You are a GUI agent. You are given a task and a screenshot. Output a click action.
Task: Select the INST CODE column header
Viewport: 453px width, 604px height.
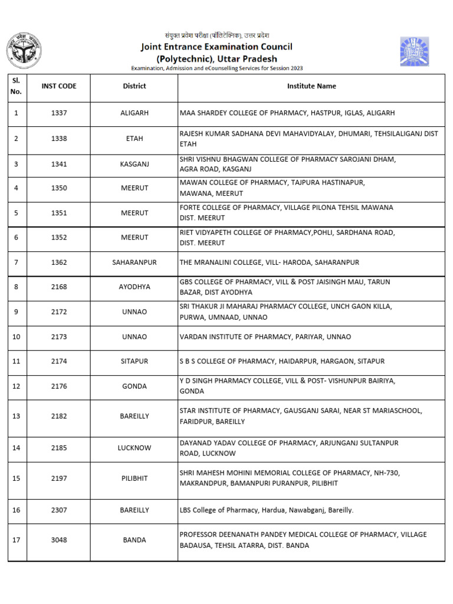click(x=59, y=86)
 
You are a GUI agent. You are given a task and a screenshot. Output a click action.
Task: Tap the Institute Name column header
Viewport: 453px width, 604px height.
click(x=311, y=86)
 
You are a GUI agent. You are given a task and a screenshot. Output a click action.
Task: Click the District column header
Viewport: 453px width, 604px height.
click(x=134, y=86)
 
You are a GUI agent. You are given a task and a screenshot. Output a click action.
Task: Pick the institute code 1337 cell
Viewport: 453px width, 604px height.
click(x=59, y=113)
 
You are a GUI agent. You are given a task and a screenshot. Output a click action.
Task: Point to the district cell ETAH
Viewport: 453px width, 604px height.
click(x=134, y=139)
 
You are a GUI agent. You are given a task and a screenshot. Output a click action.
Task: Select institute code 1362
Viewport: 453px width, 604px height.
click(x=59, y=262)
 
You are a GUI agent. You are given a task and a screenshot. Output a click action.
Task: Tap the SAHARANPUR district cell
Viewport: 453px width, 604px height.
click(x=134, y=262)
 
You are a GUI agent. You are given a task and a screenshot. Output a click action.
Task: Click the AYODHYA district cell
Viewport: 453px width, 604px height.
click(x=134, y=287)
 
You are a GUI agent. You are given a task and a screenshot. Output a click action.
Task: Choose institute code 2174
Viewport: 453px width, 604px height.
click(x=59, y=361)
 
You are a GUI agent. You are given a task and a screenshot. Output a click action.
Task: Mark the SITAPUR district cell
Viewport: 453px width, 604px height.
click(x=134, y=361)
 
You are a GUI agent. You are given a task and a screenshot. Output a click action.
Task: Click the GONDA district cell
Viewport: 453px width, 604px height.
click(x=134, y=386)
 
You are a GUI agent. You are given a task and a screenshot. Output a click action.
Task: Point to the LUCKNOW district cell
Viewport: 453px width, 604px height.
click(x=134, y=448)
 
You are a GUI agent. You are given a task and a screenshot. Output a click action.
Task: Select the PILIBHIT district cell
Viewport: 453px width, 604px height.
click(x=134, y=478)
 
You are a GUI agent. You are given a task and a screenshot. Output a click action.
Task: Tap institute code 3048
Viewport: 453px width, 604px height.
click(x=59, y=540)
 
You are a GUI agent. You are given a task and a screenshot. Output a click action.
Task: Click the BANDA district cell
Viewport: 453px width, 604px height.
click(x=134, y=540)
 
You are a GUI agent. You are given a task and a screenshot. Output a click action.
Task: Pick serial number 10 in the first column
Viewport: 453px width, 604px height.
click(x=16, y=337)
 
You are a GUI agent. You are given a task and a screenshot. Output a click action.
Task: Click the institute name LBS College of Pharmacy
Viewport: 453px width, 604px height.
click(x=267, y=510)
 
